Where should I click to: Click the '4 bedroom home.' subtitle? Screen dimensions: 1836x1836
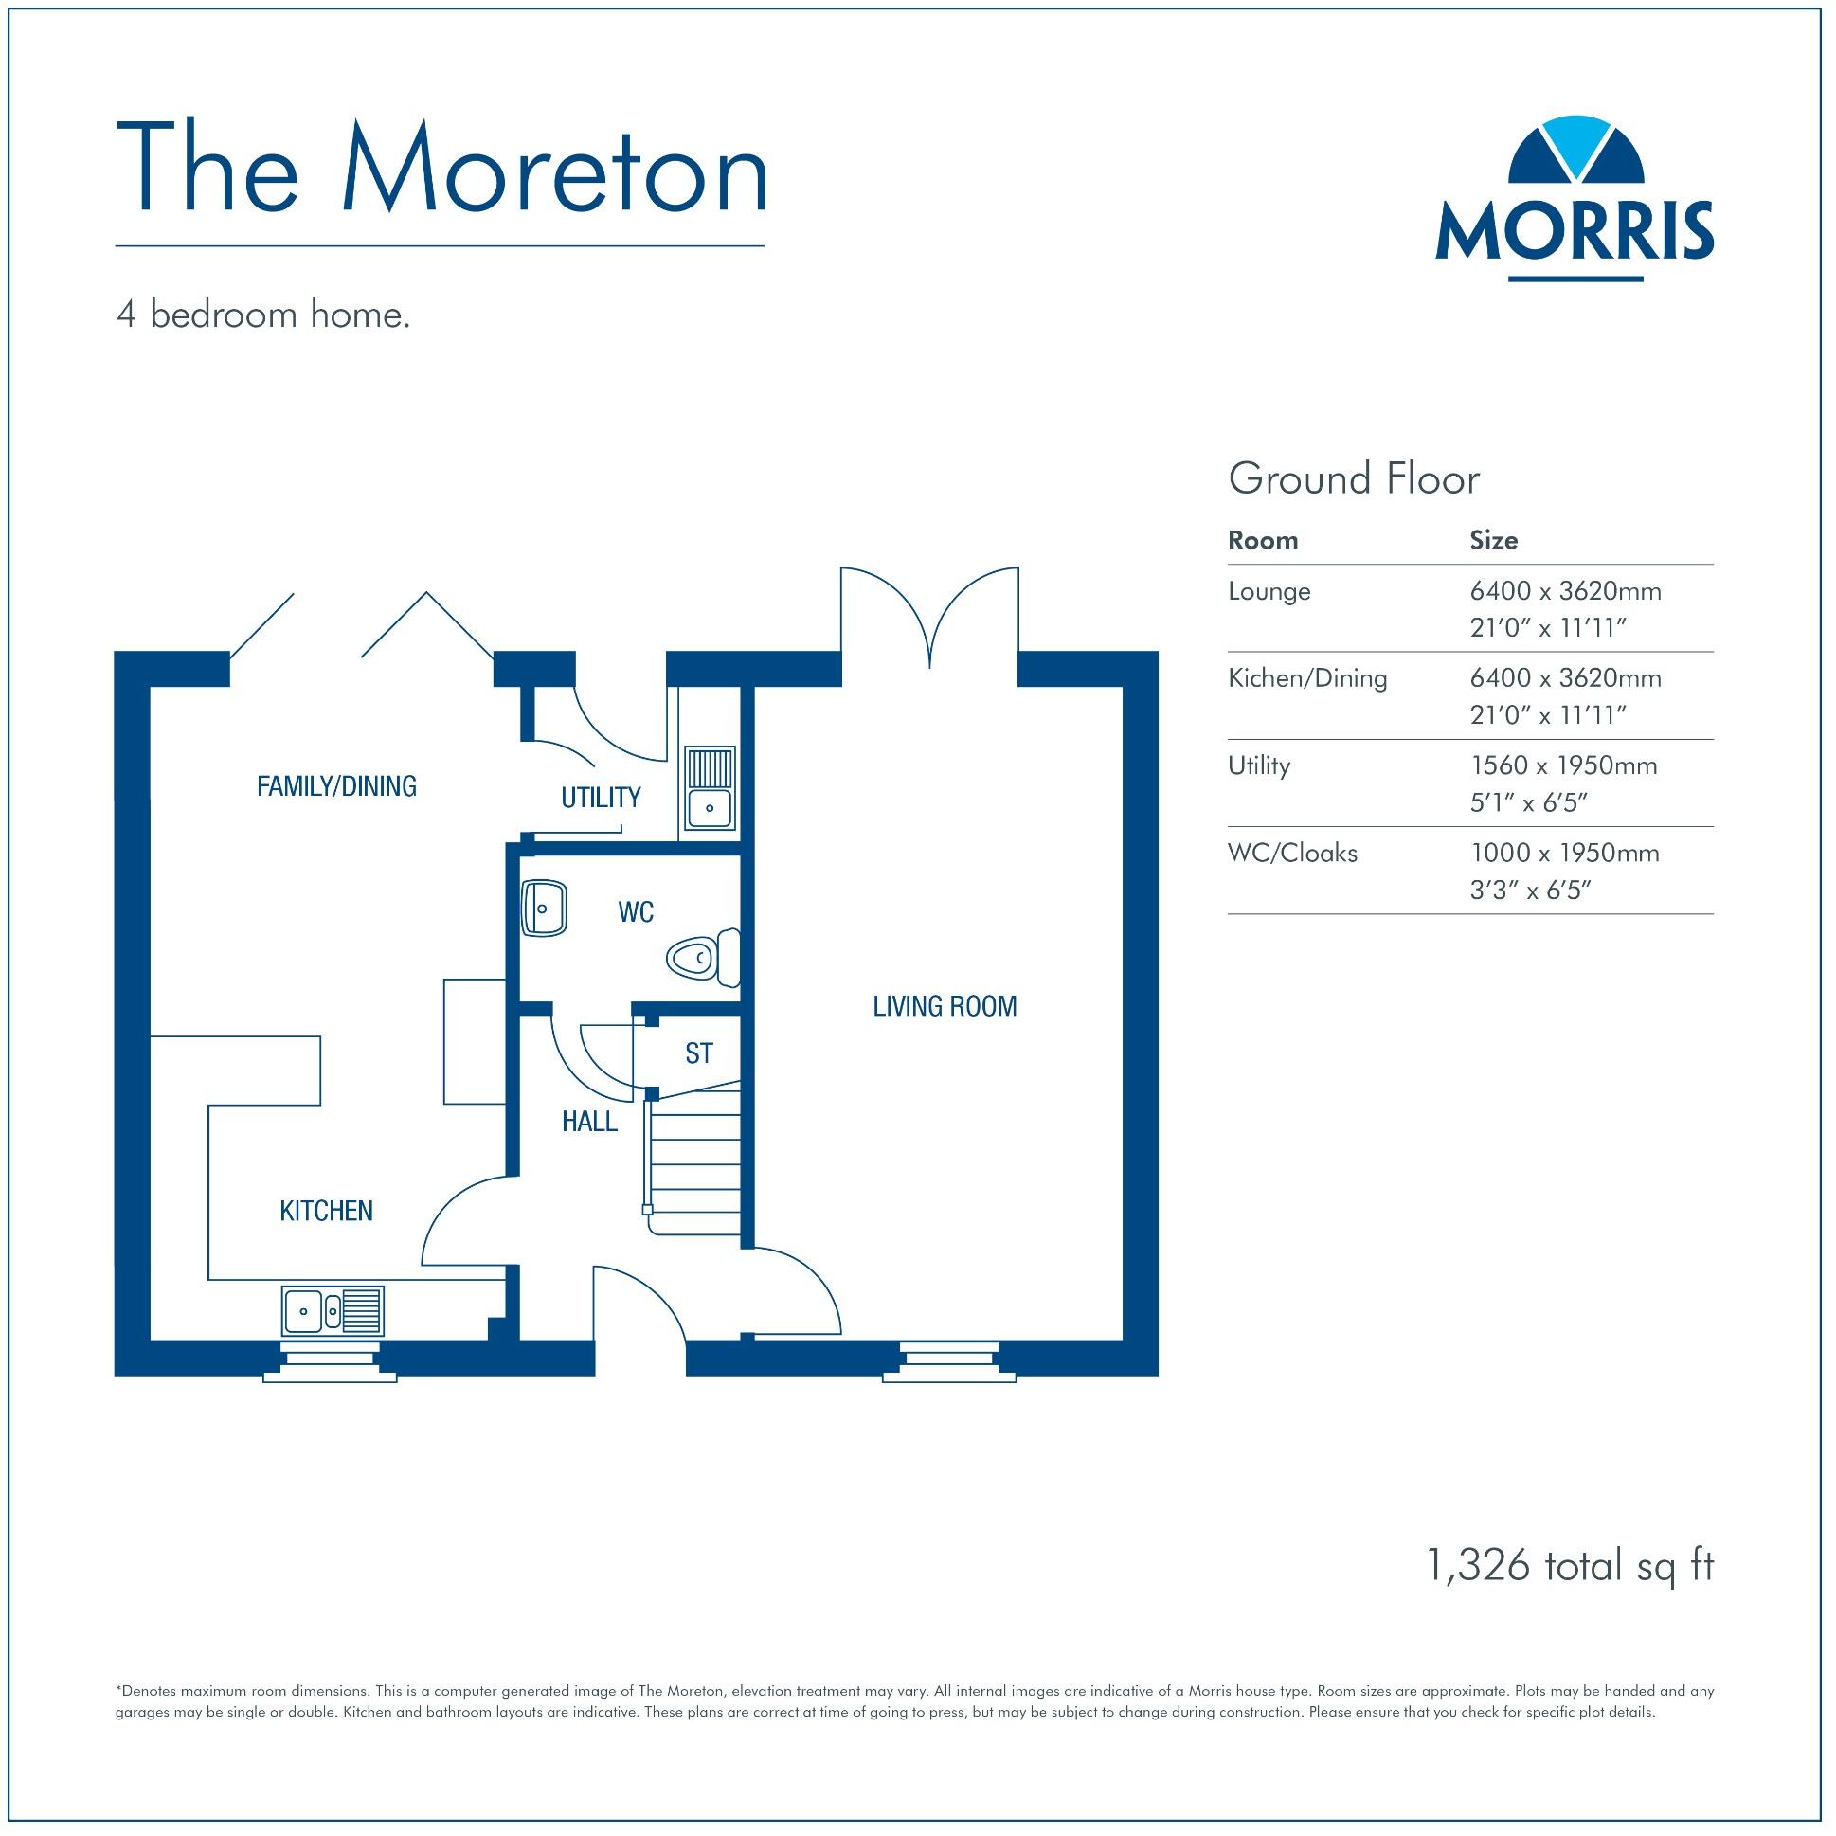pos(263,315)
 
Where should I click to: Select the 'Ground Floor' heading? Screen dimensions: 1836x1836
pos(1353,480)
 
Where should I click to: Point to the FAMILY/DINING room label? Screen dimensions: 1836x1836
pos(336,787)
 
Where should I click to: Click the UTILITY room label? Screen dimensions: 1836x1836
pos(601,799)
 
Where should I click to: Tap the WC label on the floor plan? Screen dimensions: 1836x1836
pos(636,912)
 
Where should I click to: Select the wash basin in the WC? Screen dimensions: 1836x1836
pos(545,909)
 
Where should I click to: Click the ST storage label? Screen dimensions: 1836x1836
pos(698,1053)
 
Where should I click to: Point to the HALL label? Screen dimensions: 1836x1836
pos(589,1123)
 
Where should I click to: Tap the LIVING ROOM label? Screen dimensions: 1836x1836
pos(945,1006)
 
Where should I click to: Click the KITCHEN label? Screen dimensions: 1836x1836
pos(326,1211)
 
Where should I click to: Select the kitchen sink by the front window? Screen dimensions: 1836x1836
pos(333,1312)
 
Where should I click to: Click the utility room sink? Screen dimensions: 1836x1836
pos(709,788)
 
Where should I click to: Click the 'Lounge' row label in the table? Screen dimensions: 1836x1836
pos(1269,592)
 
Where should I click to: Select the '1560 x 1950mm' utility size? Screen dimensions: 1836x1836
pos(1563,766)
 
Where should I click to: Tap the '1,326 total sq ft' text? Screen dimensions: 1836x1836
pos(1570,1566)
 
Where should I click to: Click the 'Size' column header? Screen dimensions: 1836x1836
pos(1493,541)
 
